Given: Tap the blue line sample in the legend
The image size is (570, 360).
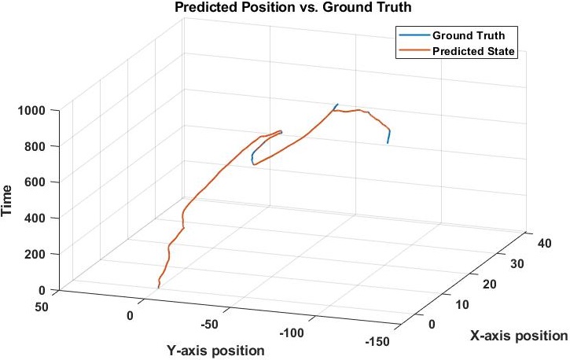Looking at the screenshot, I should tap(413, 35).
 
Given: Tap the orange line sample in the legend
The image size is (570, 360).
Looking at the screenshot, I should tap(413, 52).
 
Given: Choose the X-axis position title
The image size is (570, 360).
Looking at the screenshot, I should tap(518, 336).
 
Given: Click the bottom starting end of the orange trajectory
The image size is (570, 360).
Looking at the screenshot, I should tap(158, 288).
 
